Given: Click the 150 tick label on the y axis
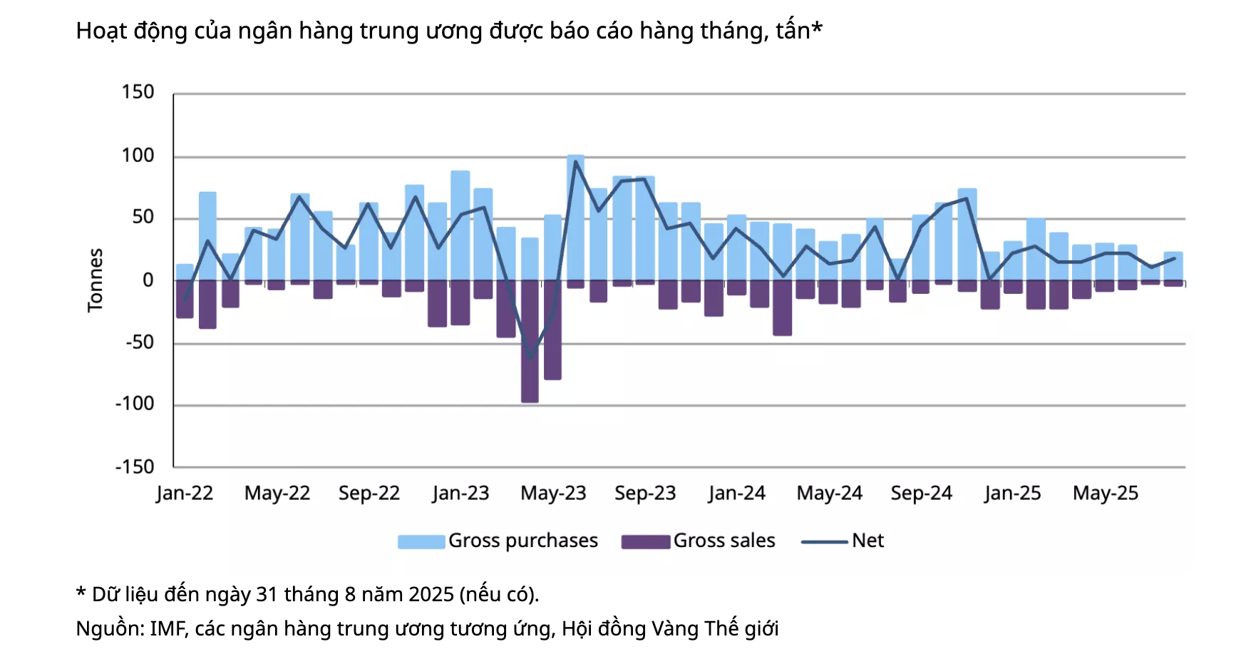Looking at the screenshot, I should pos(138,92).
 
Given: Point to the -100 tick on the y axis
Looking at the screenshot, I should pos(135,404).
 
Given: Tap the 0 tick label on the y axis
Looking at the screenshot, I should pos(148,280).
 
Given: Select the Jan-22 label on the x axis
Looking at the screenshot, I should pos(185,493).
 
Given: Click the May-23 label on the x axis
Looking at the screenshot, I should pos(553,493).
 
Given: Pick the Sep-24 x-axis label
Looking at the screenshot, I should pos(921,493).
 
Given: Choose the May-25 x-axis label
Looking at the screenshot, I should pos(1105,493).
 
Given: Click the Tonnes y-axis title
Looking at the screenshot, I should pos(96,280).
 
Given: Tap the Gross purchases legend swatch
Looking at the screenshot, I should pos(421,541).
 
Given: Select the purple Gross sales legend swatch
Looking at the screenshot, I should pos(645,541).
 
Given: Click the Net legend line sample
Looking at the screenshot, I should pos(824,541).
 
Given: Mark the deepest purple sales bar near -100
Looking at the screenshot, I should pos(530,342).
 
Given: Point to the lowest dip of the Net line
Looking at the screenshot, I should pos(530,357).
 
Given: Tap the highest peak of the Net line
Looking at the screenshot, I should pos(575,161).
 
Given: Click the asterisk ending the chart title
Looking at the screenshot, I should pos(817,29).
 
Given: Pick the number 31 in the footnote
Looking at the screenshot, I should pos(266,594).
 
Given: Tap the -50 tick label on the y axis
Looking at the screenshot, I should pos(140,342).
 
